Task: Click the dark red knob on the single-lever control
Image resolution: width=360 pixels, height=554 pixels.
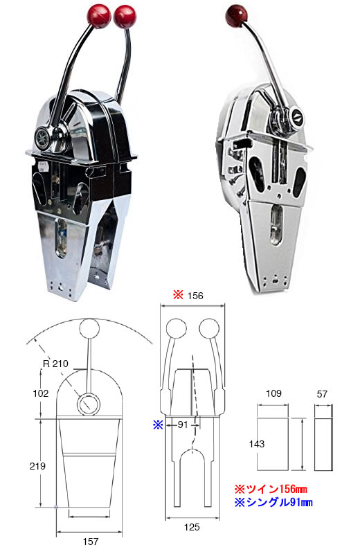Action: [236, 16]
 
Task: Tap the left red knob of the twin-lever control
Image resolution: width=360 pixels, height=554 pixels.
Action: [99, 16]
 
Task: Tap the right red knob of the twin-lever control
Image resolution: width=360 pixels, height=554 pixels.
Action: [125, 17]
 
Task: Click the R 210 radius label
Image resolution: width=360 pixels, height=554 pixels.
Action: [55, 364]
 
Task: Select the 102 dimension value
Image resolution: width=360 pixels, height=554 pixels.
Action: [41, 393]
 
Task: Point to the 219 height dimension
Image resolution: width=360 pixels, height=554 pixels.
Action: [37, 466]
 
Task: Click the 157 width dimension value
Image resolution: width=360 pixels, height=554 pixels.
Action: [91, 542]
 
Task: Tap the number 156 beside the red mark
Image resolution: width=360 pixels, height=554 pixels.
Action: [195, 296]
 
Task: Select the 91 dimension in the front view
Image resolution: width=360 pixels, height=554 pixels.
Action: [183, 425]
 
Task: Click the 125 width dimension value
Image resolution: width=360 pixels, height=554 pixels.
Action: [192, 527]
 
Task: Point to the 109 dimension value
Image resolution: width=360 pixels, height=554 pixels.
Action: [273, 393]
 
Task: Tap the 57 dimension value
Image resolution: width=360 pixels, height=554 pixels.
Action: [322, 393]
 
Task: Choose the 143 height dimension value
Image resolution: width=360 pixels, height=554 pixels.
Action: [256, 444]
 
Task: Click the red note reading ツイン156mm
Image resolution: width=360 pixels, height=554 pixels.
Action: [271, 489]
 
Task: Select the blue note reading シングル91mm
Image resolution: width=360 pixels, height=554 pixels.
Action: [273, 502]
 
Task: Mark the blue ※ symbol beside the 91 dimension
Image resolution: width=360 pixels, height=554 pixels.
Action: [158, 425]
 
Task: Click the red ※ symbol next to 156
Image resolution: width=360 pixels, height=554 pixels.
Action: [178, 295]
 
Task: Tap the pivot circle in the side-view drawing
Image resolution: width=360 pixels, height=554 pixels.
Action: [89, 404]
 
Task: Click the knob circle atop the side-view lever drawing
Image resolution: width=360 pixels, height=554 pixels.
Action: [89, 328]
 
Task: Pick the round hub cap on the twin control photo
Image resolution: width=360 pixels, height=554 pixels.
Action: [43, 135]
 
